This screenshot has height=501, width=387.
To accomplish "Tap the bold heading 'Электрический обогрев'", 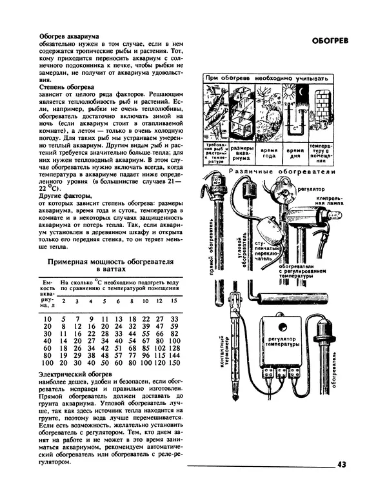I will (75, 374).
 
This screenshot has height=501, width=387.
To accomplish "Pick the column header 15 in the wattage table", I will (174, 301).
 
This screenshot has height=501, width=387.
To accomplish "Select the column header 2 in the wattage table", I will (63, 301).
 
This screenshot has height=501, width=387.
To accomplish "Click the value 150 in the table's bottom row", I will (173, 364).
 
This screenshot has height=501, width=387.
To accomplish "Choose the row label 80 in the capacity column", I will (46, 356).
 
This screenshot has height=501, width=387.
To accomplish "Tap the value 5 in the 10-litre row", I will (63, 319).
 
